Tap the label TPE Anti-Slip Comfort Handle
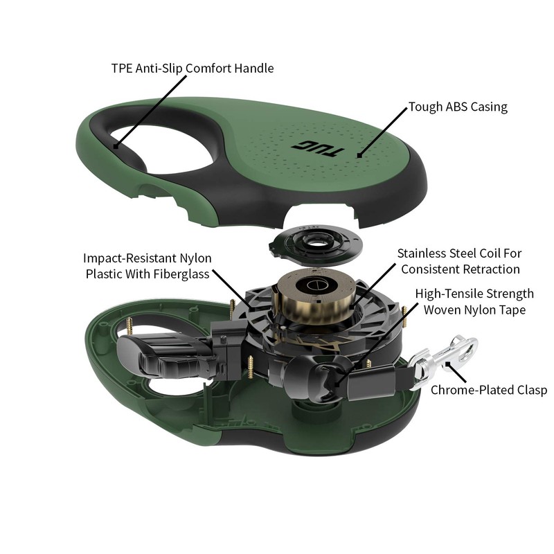(193, 69)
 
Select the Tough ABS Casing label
(458, 107)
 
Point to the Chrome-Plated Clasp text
(489, 390)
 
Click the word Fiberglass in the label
(179, 273)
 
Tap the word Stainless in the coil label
(424, 253)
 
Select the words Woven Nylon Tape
(474, 310)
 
